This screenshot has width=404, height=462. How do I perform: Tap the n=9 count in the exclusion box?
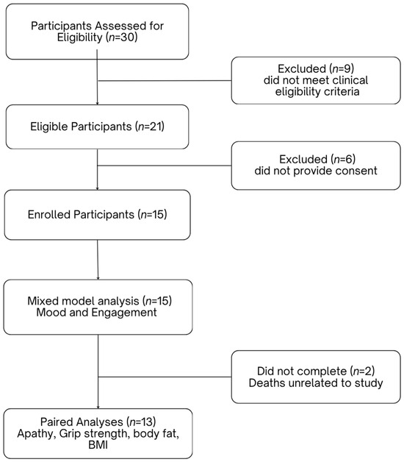[342, 68]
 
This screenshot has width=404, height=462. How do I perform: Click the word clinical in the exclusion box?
[350, 80]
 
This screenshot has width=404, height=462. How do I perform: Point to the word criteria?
[343, 92]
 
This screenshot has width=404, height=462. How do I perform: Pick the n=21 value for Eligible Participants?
[149, 127]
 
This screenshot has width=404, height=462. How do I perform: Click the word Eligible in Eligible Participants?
[48, 127]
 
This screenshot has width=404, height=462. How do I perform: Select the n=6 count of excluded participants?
[343, 159]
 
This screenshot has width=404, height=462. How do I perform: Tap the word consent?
[358, 171]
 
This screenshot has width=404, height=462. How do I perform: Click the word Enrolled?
[48, 215]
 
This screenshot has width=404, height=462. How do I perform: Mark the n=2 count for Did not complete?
[363, 372]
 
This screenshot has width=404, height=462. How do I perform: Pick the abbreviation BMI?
[98, 444]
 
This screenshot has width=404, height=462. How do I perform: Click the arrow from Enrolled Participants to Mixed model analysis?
[98, 260]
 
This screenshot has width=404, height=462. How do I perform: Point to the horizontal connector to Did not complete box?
[165, 377]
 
